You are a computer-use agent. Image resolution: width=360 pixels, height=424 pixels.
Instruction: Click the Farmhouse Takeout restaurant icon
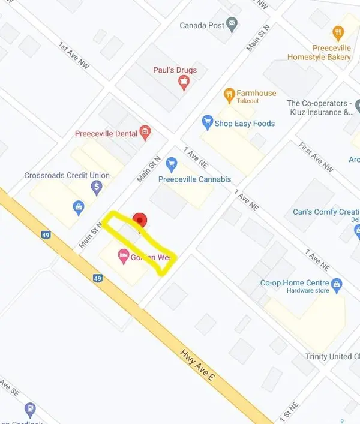pyautogui.click(x=229, y=94)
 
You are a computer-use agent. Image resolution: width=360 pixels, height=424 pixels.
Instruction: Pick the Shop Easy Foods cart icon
pyautogui.click(x=208, y=123)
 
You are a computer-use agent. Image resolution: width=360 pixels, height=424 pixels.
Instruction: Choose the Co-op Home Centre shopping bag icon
pyautogui.click(x=337, y=283)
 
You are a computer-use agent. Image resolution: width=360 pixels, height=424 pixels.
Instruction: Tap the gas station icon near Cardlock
pyautogui.click(x=30, y=410)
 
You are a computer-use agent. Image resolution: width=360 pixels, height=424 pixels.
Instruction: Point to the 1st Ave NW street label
pyautogui.click(x=73, y=55)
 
